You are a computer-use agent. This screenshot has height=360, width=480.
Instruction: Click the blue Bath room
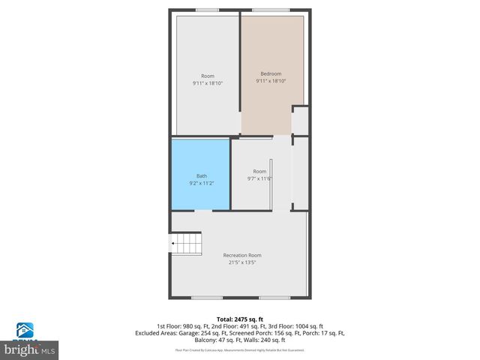pos(200,174)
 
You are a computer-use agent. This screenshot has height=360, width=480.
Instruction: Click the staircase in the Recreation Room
pos(187,244)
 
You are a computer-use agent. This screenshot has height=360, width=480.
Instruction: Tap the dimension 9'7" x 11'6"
pos(259,178)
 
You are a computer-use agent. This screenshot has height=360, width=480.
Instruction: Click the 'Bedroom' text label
pos(271,73)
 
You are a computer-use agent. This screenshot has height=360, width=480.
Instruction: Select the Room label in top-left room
pos(207,76)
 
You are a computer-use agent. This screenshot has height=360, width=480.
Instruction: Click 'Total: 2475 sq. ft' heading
pos(240,319)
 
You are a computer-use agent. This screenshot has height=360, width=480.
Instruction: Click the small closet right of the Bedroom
pos(300,120)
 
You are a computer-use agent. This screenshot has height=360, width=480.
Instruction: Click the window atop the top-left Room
pos(207,10)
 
